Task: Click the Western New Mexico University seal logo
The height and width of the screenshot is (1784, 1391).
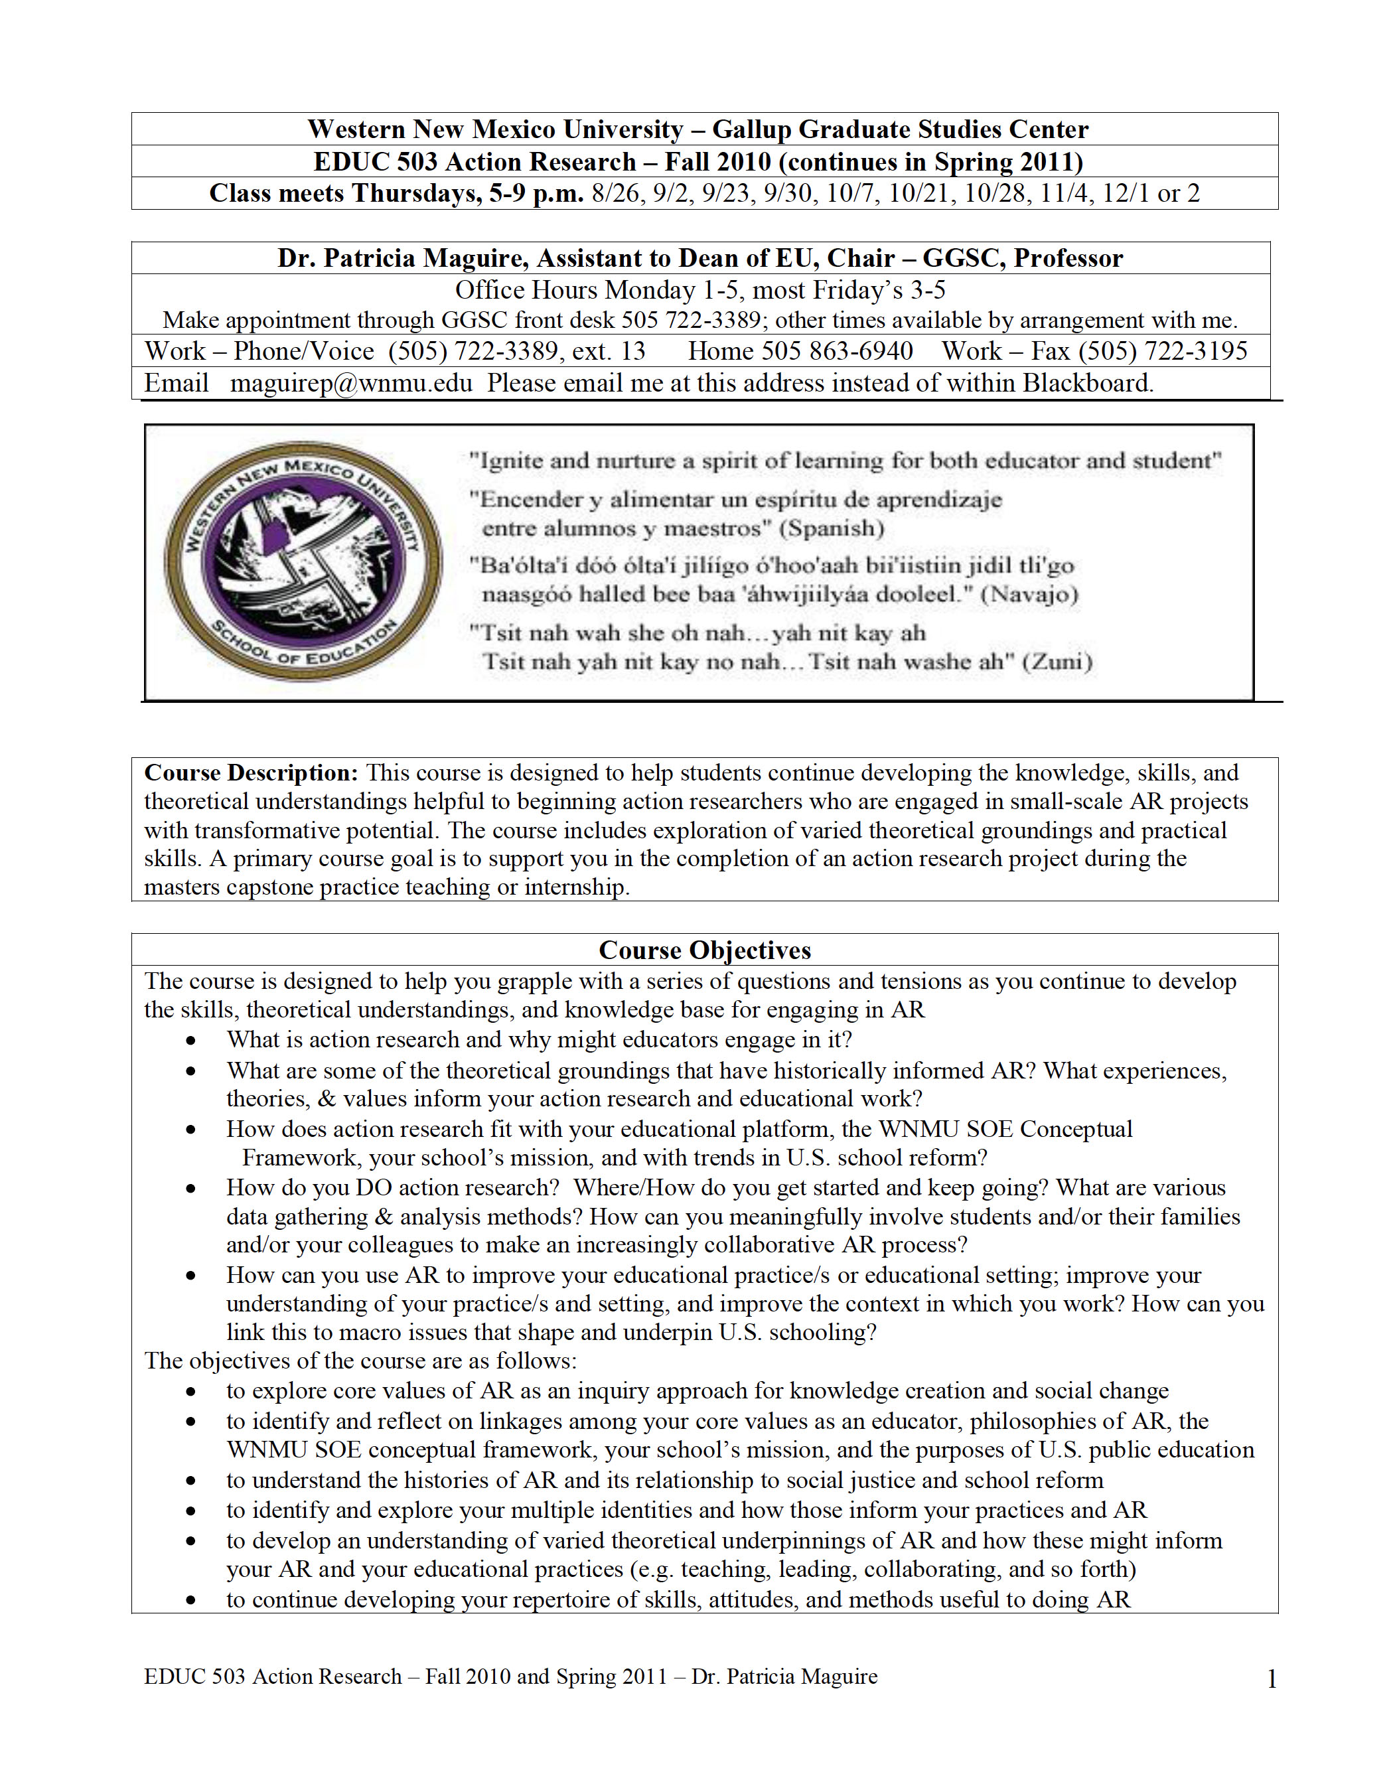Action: (304, 561)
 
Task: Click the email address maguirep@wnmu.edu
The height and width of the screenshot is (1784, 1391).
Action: (351, 383)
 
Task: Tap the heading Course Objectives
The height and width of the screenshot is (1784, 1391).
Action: (704, 950)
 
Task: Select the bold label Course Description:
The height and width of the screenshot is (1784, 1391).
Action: (251, 773)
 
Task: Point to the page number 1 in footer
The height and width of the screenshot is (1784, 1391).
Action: (1271, 1679)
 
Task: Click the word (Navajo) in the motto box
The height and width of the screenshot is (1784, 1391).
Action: (1029, 594)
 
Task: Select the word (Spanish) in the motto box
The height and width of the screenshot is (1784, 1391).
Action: (832, 528)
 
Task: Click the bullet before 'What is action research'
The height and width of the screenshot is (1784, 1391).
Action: (190, 1041)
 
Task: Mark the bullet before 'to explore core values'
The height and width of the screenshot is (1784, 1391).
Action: (190, 1392)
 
